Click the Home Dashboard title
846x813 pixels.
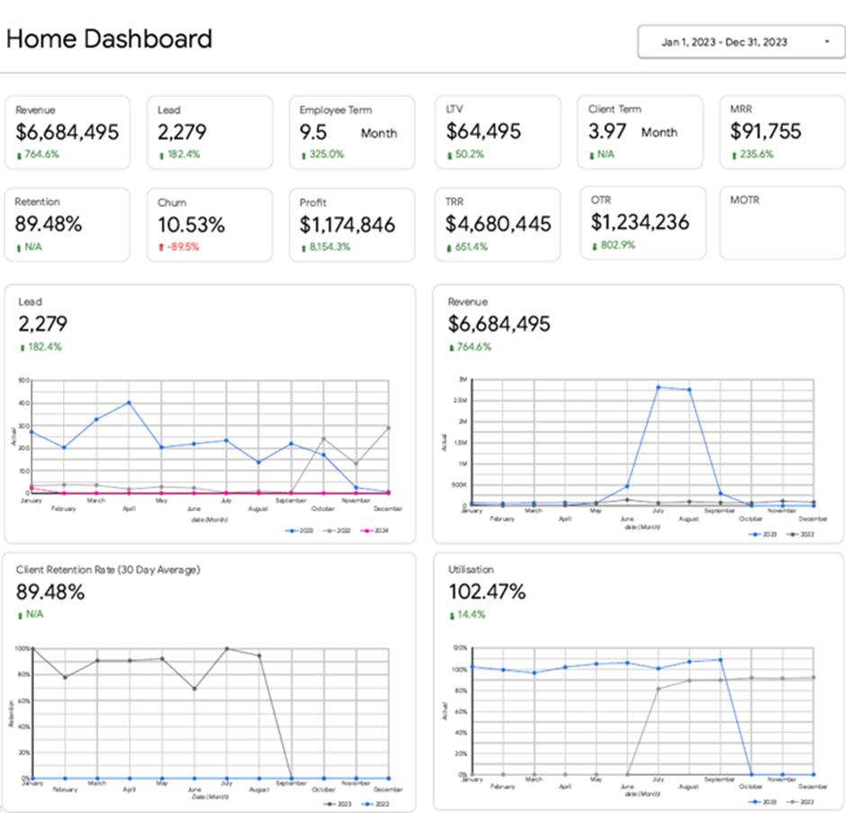coord(109,39)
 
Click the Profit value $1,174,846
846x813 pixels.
coord(347,225)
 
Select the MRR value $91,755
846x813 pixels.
coord(766,131)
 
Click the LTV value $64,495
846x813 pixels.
coord(483,131)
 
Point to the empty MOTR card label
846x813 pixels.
coord(744,200)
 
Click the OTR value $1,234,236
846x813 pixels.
coord(640,222)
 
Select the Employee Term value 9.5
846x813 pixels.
coord(313,132)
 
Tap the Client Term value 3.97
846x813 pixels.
coord(607,131)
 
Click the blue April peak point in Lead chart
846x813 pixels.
coord(129,402)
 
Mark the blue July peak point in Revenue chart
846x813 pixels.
coord(658,387)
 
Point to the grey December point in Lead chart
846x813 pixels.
coord(389,428)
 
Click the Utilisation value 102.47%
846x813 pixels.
coord(487,592)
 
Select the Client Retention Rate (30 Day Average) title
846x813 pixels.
coord(108,570)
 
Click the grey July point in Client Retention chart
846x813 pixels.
coord(227,649)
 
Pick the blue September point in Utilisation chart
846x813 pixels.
coord(719,660)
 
